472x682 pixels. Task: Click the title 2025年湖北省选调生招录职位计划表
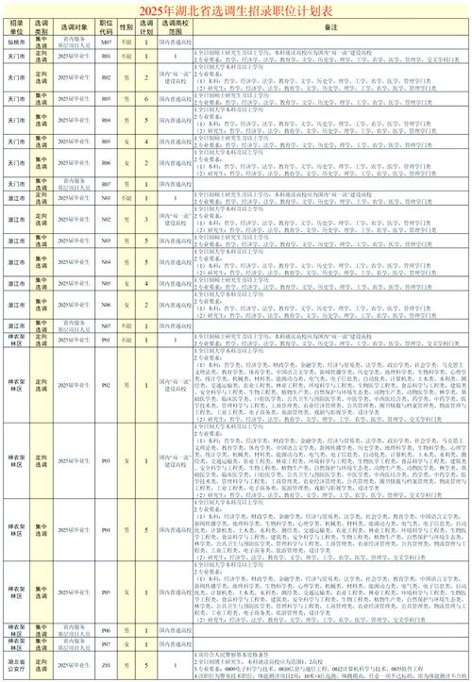coord(236,8)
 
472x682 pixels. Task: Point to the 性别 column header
coord(126,26)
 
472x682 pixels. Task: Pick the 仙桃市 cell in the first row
coord(16,43)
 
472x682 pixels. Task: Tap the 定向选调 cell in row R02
coord(42,77)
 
